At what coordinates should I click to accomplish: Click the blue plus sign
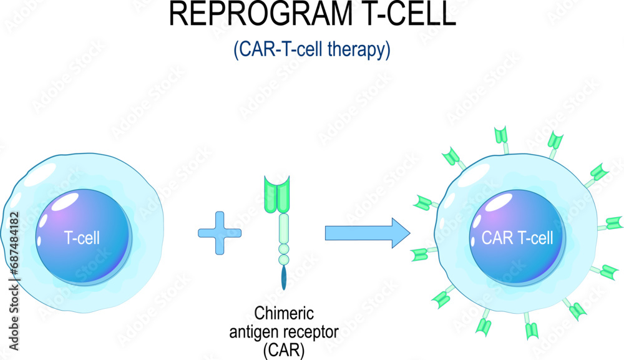(x=219, y=233)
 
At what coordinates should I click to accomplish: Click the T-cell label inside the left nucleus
(x=83, y=238)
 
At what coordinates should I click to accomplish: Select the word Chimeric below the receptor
(x=284, y=313)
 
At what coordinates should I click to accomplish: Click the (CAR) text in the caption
(x=284, y=351)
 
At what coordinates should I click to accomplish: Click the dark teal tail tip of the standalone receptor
(x=285, y=278)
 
